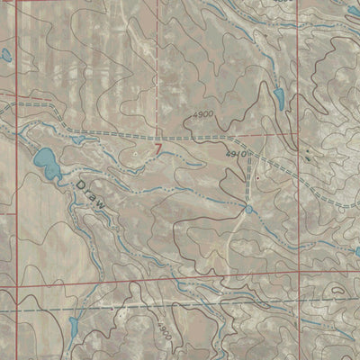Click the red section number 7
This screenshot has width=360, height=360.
click(x=159, y=147)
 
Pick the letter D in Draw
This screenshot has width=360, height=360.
click(x=81, y=184)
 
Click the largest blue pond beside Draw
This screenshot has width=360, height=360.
click(x=43, y=160)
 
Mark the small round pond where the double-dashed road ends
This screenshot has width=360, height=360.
click(x=247, y=209)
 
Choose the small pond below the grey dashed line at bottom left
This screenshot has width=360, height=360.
click(x=72, y=324)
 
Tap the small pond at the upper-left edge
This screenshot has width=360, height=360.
click(x=5, y=56)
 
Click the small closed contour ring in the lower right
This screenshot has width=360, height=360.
click(x=337, y=291)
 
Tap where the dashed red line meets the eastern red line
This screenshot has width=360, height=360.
click(x=298, y=133)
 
